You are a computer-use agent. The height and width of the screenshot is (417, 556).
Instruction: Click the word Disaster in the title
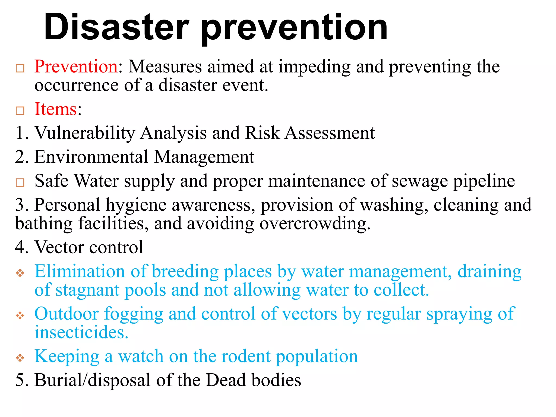[116, 27]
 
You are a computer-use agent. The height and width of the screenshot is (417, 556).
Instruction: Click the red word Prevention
[76, 67]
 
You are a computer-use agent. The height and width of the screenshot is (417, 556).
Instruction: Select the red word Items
[56, 109]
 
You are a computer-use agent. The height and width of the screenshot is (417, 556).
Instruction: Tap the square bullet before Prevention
[20, 68]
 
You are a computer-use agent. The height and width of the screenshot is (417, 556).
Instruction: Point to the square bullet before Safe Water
[20, 182]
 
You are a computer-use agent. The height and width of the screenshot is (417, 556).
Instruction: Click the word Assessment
[330, 133]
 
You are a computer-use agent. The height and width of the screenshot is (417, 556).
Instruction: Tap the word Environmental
[91, 157]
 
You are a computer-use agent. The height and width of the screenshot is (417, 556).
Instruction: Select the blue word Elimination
[80, 271]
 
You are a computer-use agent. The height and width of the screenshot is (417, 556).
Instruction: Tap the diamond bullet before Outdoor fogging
[20, 315]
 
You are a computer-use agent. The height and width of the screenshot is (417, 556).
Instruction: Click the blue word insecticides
[81, 332]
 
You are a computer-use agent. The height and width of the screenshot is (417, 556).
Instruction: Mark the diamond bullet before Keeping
[20, 358]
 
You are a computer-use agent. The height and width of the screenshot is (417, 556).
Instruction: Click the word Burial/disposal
[92, 380]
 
